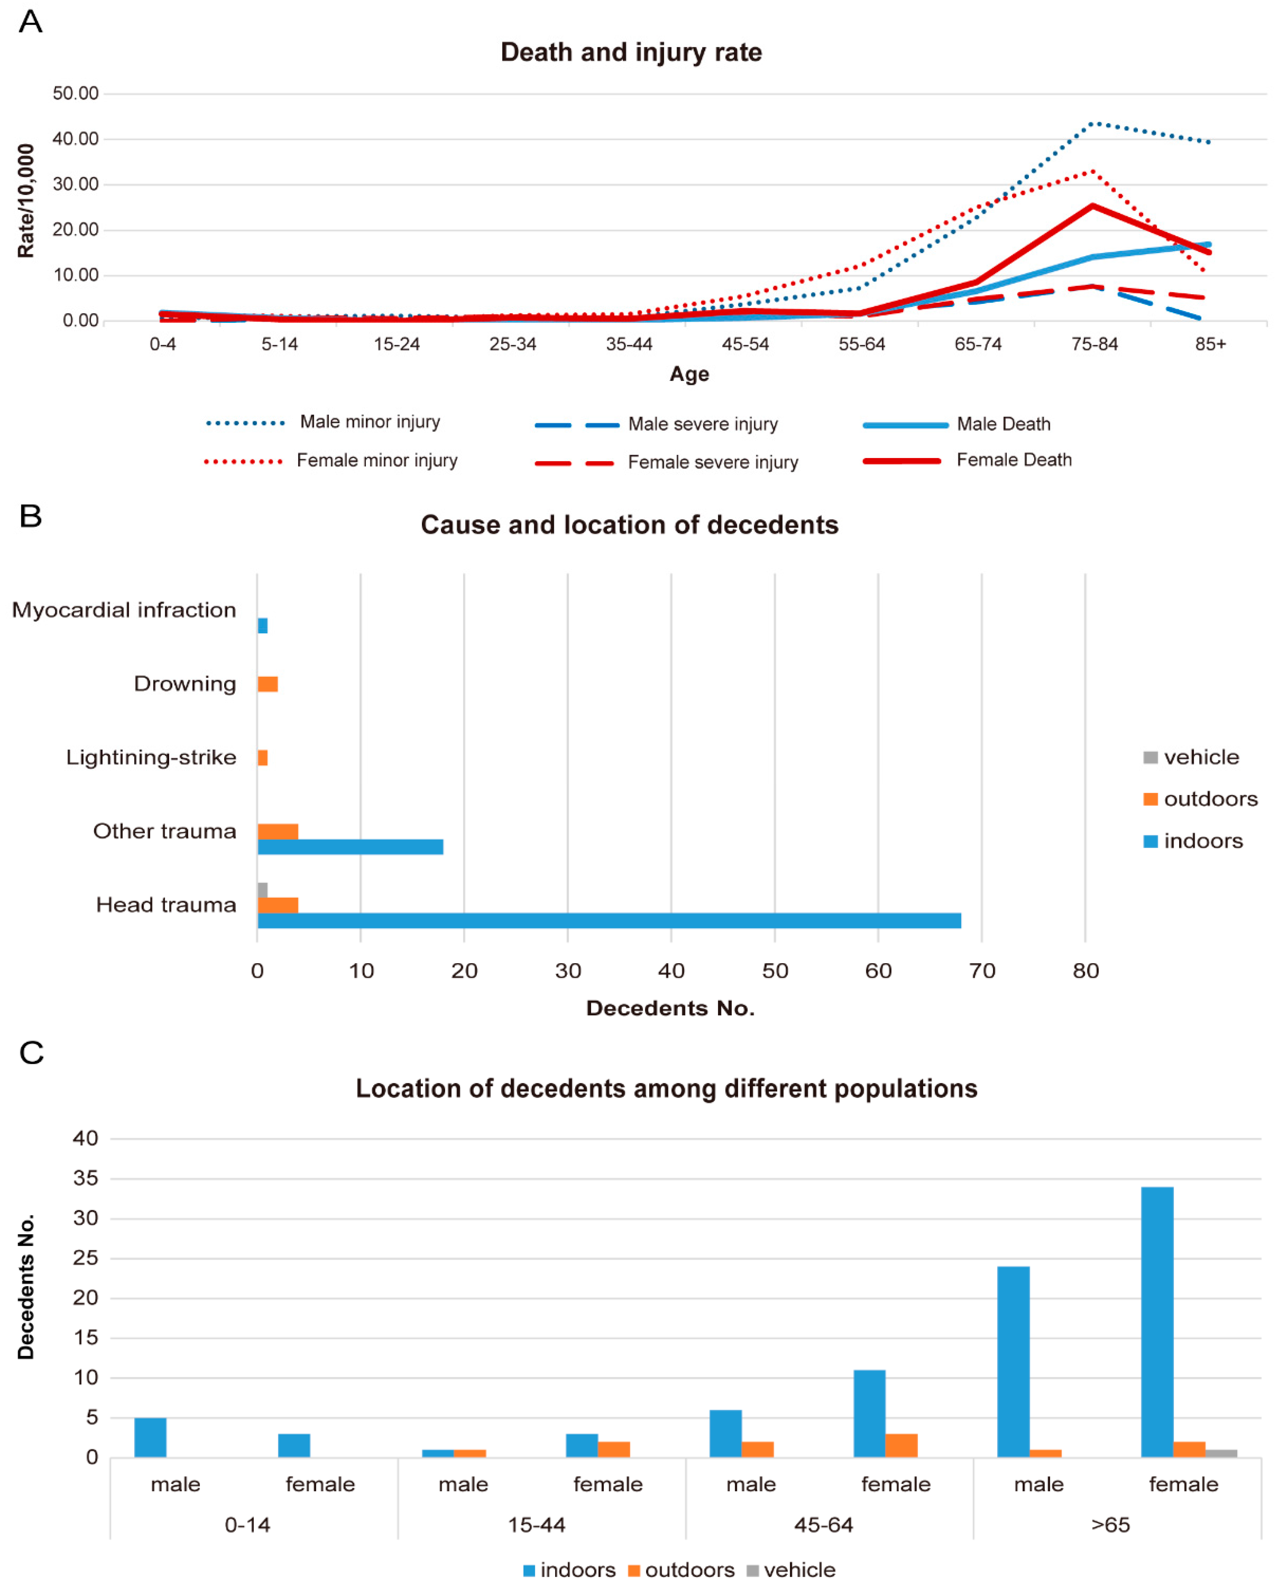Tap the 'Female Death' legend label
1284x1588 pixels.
[1013, 460]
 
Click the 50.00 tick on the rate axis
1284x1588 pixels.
[75, 93]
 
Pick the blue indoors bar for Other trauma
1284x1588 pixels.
[350, 847]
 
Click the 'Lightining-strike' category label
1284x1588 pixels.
[152, 757]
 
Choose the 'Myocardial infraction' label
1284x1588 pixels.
[124, 610]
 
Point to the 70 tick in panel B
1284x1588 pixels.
[982, 971]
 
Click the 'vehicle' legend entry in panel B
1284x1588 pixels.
[1200, 757]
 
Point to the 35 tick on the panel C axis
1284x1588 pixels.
[86, 1178]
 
